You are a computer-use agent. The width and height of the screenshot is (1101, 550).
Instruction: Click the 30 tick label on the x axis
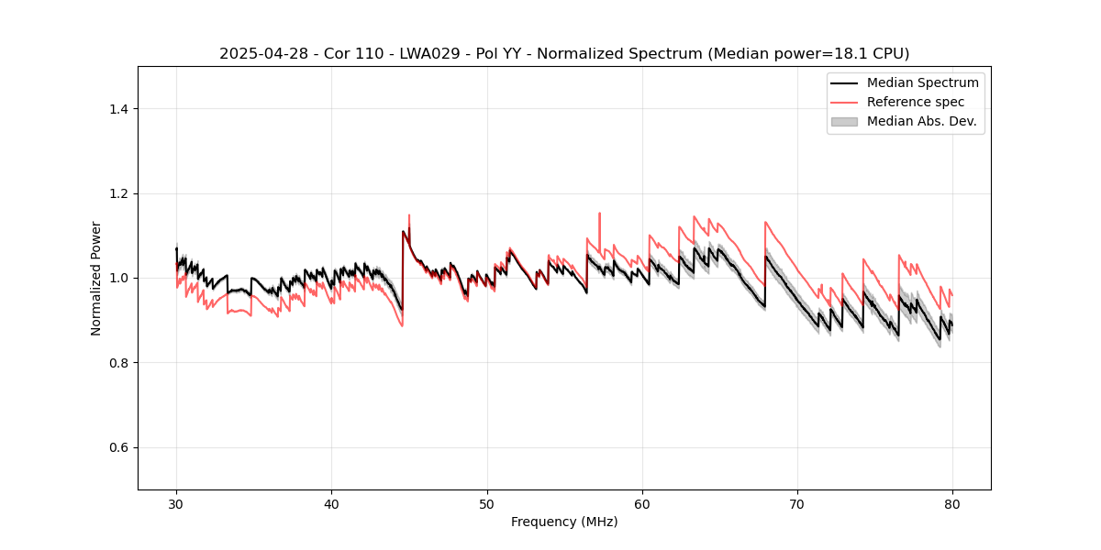[x=176, y=503]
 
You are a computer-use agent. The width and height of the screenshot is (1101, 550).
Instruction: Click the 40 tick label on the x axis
[x=331, y=503]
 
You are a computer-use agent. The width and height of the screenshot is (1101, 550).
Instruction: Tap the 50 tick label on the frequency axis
[x=486, y=503]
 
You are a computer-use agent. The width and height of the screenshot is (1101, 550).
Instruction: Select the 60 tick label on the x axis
[x=642, y=503]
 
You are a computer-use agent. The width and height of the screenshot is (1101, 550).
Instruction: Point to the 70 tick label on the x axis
[x=797, y=503]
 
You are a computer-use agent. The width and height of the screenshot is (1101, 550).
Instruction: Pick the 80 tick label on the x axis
[x=952, y=503]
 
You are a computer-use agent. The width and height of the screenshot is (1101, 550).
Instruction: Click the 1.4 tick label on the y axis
[x=118, y=109]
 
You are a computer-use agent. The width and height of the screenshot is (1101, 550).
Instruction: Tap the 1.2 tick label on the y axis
[x=118, y=193]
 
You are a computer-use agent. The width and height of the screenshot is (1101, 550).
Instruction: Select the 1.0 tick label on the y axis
[x=118, y=278]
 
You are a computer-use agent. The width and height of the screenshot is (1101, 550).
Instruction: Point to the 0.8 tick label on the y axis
[x=118, y=363]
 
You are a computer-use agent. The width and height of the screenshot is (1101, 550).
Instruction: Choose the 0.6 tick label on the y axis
[x=118, y=447]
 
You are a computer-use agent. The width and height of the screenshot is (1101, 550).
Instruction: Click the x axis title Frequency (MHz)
[x=564, y=522]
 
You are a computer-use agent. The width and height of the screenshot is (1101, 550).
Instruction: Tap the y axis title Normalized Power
[x=96, y=278]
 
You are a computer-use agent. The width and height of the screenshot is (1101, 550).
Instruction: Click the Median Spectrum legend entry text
[x=922, y=82]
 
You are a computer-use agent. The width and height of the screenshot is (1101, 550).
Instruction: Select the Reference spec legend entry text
[x=916, y=102]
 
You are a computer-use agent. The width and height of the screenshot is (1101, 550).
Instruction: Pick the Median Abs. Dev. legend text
[x=921, y=121]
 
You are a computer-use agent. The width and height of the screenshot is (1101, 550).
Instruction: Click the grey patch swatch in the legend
[x=844, y=121]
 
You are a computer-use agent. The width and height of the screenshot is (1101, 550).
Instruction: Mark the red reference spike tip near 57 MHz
[x=599, y=214]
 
